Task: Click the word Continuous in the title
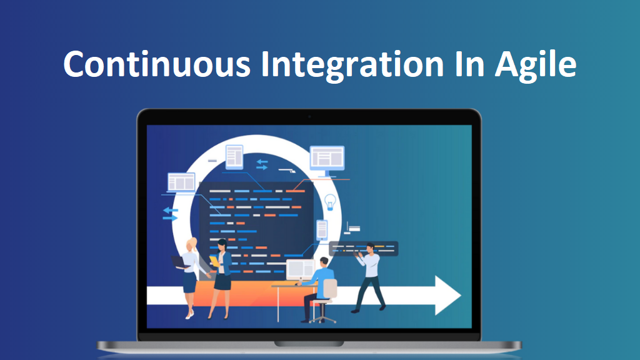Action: pos(157,64)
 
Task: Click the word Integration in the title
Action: pos(352,65)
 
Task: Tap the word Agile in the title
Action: pos(536,65)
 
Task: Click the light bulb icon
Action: pos(330,202)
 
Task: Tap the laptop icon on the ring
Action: pos(181,182)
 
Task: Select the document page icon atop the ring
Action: pos(234,157)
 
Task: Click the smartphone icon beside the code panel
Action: pos(322,230)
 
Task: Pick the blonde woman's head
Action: pos(191,245)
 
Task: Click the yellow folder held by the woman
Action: pos(214,261)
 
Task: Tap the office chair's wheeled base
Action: pos(323,316)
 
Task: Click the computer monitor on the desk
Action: pos(301,269)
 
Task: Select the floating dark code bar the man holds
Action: pos(364,249)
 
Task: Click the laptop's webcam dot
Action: pos(309,117)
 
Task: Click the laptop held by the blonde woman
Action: pos(179,262)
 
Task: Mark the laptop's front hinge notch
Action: pos(309,344)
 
